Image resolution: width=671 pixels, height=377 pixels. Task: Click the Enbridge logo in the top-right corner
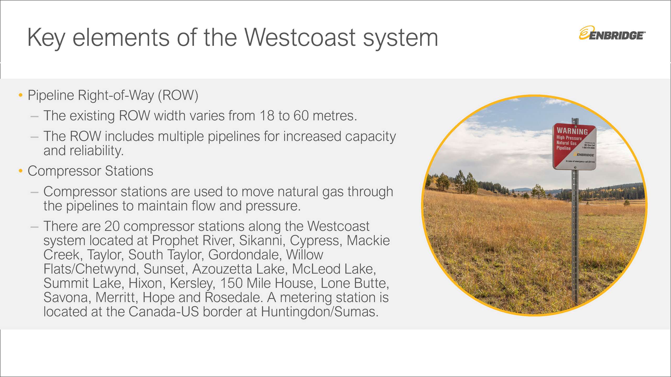pyautogui.click(x=612, y=33)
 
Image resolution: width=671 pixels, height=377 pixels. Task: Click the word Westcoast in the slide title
pyautogui.click(x=300, y=38)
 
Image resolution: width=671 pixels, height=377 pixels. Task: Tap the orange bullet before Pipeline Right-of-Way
pyautogui.click(x=21, y=95)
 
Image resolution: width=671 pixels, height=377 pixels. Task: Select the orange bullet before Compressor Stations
pyautogui.click(x=21, y=171)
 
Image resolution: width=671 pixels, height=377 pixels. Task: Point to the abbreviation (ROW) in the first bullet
pyautogui.click(x=178, y=95)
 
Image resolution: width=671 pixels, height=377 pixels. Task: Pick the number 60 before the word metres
pyautogui.click(x=301, y=116)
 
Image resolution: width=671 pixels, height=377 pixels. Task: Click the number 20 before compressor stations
pyautogui.click(x=112, y=226)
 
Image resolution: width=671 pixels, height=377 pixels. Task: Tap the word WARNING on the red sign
pyautogui.click(x=572, y=131)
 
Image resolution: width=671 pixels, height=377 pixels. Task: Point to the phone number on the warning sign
pyautogui.click(x=588, y=148)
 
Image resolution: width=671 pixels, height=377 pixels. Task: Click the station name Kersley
pyautogui.click(x=193, y=284)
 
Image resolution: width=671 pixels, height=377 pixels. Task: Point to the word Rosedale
pyautogui.click(x=234, y=298)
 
